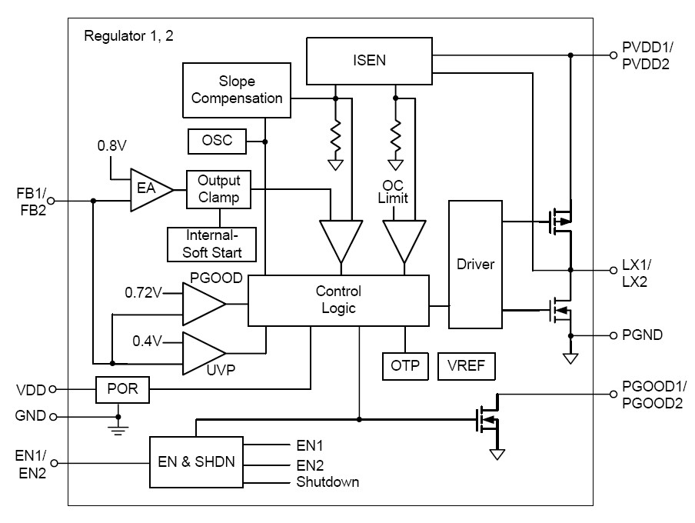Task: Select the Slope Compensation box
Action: [x=237, y=90]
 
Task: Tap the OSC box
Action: [x=216, y=141]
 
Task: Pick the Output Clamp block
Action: [x=219, y=189]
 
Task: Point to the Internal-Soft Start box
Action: [x=211, y=244]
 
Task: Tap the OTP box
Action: [x=405, y=366]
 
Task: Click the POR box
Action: [x=122, y=389]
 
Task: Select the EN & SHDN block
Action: [x=196, y=462]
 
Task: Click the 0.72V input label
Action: [x=145, y=293]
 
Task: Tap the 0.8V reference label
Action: [x=112, y=145]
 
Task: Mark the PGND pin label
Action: [x=643, y=335]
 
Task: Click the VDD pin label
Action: [x=32, y=389]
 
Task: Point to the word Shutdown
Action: [x=328, y=482]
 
